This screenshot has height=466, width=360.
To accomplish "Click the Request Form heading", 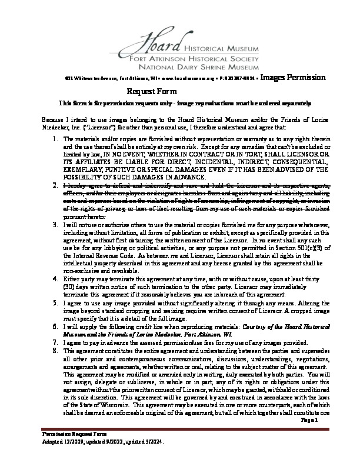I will point(152,91).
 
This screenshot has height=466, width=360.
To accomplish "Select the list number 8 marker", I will point(54,349).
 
